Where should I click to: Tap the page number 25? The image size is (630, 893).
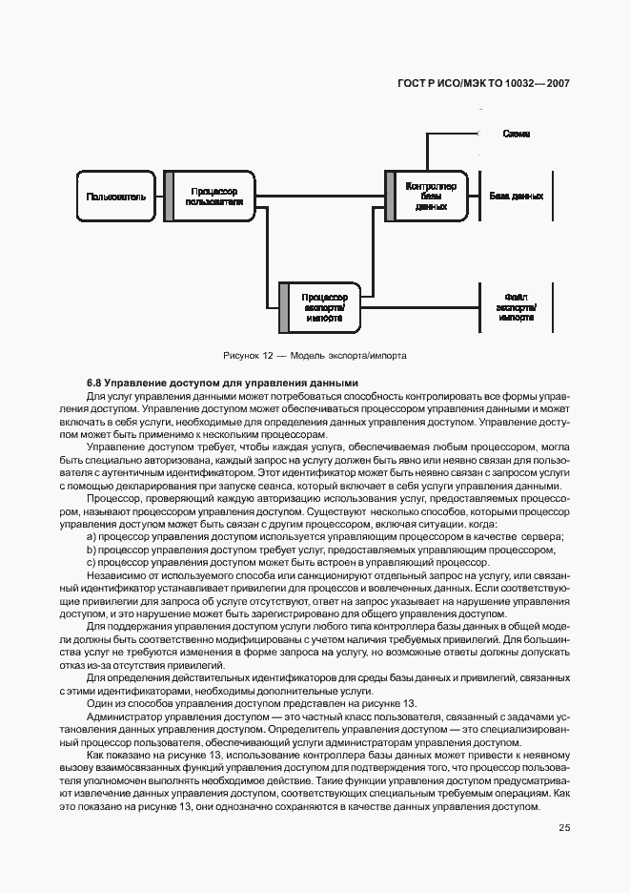click(563, 827)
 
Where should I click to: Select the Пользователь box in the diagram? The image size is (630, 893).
click(116, 197)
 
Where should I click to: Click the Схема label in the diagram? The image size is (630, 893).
click(517, 134)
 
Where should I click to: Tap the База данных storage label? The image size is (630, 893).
click(516, 196)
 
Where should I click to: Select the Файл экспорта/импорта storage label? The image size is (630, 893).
click(516, 307)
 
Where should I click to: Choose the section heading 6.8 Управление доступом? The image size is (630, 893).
click(222, 383)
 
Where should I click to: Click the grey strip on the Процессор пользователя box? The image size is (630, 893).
click(168, 197)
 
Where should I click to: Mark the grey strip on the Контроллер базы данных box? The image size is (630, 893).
click(389, 196)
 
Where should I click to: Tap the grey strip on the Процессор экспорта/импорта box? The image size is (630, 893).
click(283, 307)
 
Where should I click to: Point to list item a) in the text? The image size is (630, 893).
click(324, 537)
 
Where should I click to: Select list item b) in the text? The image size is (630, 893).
click(319, 550)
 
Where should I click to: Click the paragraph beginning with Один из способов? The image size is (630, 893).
click(252, 703)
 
